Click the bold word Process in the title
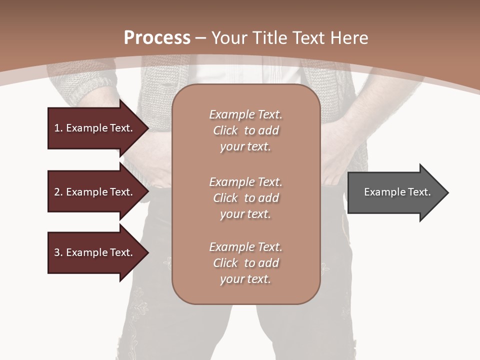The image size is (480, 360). [157, 38]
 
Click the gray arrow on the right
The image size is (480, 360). [395, 192]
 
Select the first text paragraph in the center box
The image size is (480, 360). [245, 130]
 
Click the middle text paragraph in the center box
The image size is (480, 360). [245, 198]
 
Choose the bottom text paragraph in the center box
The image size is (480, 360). [245, 263]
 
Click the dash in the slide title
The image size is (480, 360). [200, 38]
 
